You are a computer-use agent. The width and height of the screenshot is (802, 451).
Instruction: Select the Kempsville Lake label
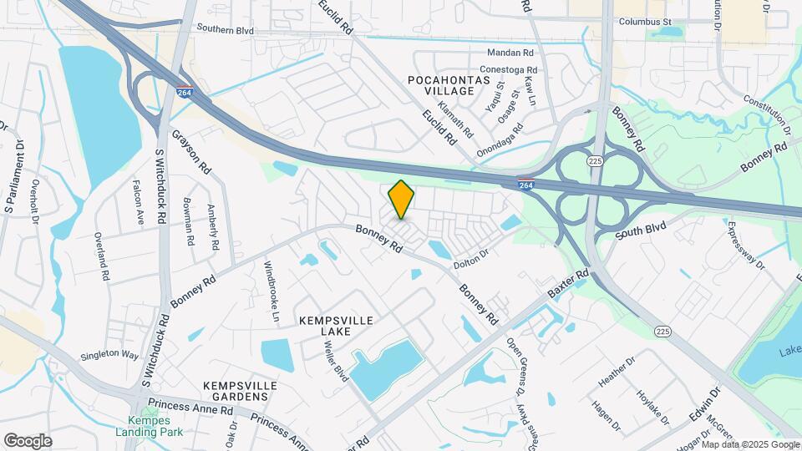(x=335, y=326)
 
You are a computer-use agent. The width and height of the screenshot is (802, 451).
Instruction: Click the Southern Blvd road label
(x=225, y=28)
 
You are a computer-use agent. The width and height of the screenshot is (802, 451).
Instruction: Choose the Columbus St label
(x=647, y=21)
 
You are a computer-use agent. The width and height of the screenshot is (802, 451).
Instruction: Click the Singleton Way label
(x=109, y=355)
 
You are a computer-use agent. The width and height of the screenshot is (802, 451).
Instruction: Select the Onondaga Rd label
(x=500, y=136)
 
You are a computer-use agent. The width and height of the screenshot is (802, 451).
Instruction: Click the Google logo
(x=28, y=440)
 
